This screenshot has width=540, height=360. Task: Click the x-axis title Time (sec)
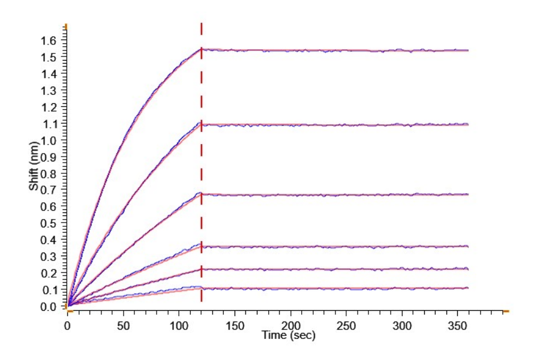(x=287, y=335)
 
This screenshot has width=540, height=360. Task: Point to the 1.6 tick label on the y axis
(x=49, y=40)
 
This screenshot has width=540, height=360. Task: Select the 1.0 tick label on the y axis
(x=49, y=140)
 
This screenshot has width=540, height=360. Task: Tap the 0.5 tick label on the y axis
(x=49, y=223)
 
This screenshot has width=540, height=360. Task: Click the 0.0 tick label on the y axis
(x=49, y=307)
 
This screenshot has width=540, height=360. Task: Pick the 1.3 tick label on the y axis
(x=49, y=90)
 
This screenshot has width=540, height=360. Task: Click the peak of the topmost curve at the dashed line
(x=201, y=49)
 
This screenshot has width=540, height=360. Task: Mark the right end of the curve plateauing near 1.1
(x=467, y=124)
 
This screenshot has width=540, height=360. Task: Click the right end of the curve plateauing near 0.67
(x=467, y=194)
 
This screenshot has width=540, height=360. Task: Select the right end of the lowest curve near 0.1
(x=467, y=288)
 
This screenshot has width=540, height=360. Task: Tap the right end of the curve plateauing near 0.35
(x=467, y=246)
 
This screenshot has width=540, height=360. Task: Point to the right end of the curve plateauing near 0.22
(x=467, y=269)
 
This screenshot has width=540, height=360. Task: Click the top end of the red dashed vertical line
(x=201, y=24)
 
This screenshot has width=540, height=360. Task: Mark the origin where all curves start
(x=68, y=306)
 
